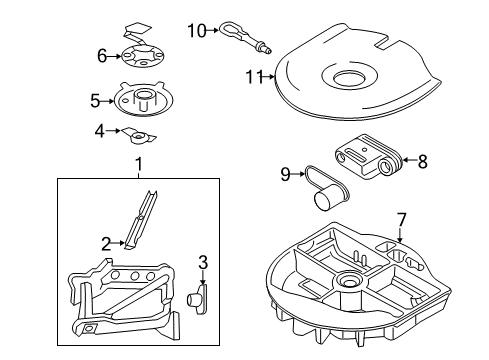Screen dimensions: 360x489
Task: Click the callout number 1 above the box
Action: click(139, 163)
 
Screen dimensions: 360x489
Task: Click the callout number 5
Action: click(96, 100)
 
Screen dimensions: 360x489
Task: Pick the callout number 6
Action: click(102, 56)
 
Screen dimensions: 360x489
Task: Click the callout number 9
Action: click(285, 174)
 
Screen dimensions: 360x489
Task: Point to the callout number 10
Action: click(196, 31)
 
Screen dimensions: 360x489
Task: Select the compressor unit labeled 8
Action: click(369, 154)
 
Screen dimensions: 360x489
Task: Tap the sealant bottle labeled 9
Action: click(325, 191)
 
